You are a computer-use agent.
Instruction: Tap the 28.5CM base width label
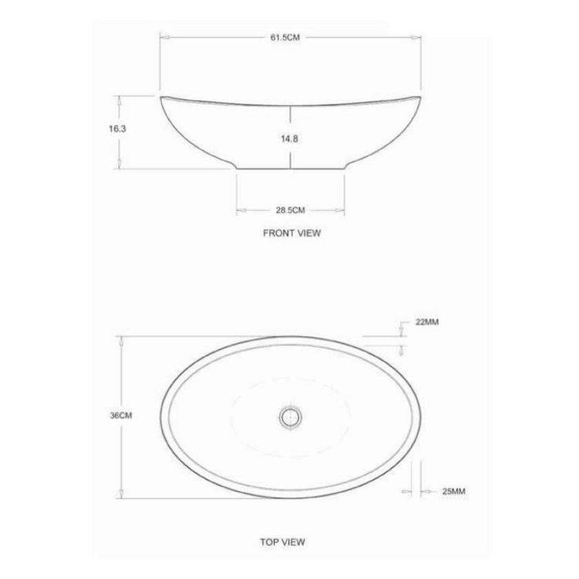[290, 210]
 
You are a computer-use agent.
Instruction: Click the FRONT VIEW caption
[292, 233]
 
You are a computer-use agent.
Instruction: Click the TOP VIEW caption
[283, 542]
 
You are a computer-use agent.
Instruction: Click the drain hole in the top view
[289, 416]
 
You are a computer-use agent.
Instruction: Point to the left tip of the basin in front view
[163, 99]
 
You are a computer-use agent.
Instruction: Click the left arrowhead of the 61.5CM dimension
[163, 37]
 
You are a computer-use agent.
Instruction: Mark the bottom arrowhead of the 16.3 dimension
[121, 165]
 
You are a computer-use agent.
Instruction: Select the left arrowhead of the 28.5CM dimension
[240, 210]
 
